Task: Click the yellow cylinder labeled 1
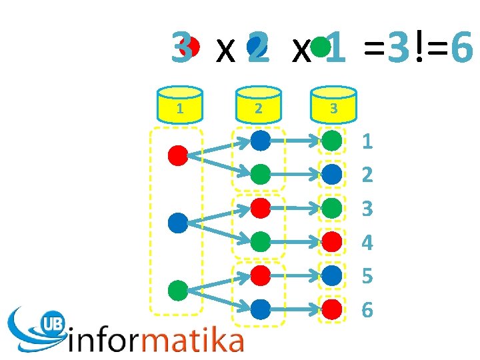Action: (180, 103)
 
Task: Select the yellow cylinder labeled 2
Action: (258, 103)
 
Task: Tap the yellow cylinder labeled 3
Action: (333, 103)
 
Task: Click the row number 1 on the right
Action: (367, 141)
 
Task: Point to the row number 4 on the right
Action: (367, 242)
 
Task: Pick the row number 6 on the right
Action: (367, 309)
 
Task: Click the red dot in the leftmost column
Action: (178, 155)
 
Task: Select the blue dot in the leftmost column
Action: (178, 222)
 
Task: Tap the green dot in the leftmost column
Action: (178, 291)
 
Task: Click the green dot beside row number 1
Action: (332, 141)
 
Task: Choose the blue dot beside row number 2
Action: (332, 175)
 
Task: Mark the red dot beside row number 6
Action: (332, 309)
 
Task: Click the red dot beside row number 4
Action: (332, 241)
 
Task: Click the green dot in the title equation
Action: (321, 46)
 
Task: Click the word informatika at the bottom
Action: (156, 341)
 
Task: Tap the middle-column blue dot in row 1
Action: (260, 141)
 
